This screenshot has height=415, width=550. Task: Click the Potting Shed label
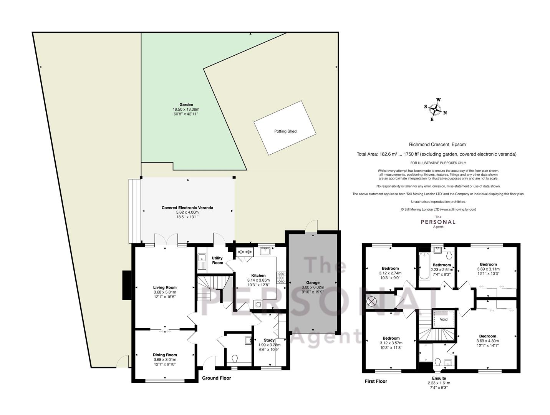(285, 131)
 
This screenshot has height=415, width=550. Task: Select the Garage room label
(313, 282)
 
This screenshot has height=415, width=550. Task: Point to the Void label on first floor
(444, 319)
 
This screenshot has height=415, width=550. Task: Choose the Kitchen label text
(258, 276)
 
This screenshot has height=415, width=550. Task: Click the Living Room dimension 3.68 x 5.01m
(165, 292)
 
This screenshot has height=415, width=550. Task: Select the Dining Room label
(165, 355)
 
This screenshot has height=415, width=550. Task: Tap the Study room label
(269, 340)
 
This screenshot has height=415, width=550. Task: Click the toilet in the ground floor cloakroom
(235, 358)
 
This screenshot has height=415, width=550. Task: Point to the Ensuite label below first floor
(439, 378)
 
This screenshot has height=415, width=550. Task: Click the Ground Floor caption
(217, 378)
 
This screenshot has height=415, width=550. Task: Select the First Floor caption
(376, 381)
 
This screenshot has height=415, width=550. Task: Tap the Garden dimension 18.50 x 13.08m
(186, 109)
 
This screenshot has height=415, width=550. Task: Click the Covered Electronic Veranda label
(187, 207)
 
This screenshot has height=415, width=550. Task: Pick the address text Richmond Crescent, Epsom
(437, 144)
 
